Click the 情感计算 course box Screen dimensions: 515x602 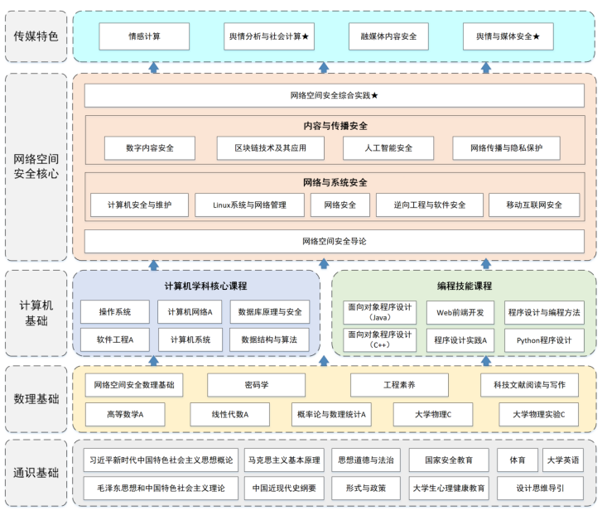(144, 36)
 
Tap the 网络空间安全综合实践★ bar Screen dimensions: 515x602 (335, 95)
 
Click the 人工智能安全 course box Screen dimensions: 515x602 (388, 148)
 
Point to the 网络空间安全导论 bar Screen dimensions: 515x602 (335, 241)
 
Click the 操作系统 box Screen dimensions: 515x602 (115, 312)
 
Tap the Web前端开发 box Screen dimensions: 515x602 (460, 312)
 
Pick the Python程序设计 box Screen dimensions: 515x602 (544, 340)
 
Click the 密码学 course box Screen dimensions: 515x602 (257, 385)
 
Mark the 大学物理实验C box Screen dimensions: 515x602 (539, 414)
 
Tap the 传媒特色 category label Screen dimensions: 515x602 (36, 36)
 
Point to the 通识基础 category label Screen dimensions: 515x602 (36, 474)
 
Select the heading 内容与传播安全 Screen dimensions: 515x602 (335, 126)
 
